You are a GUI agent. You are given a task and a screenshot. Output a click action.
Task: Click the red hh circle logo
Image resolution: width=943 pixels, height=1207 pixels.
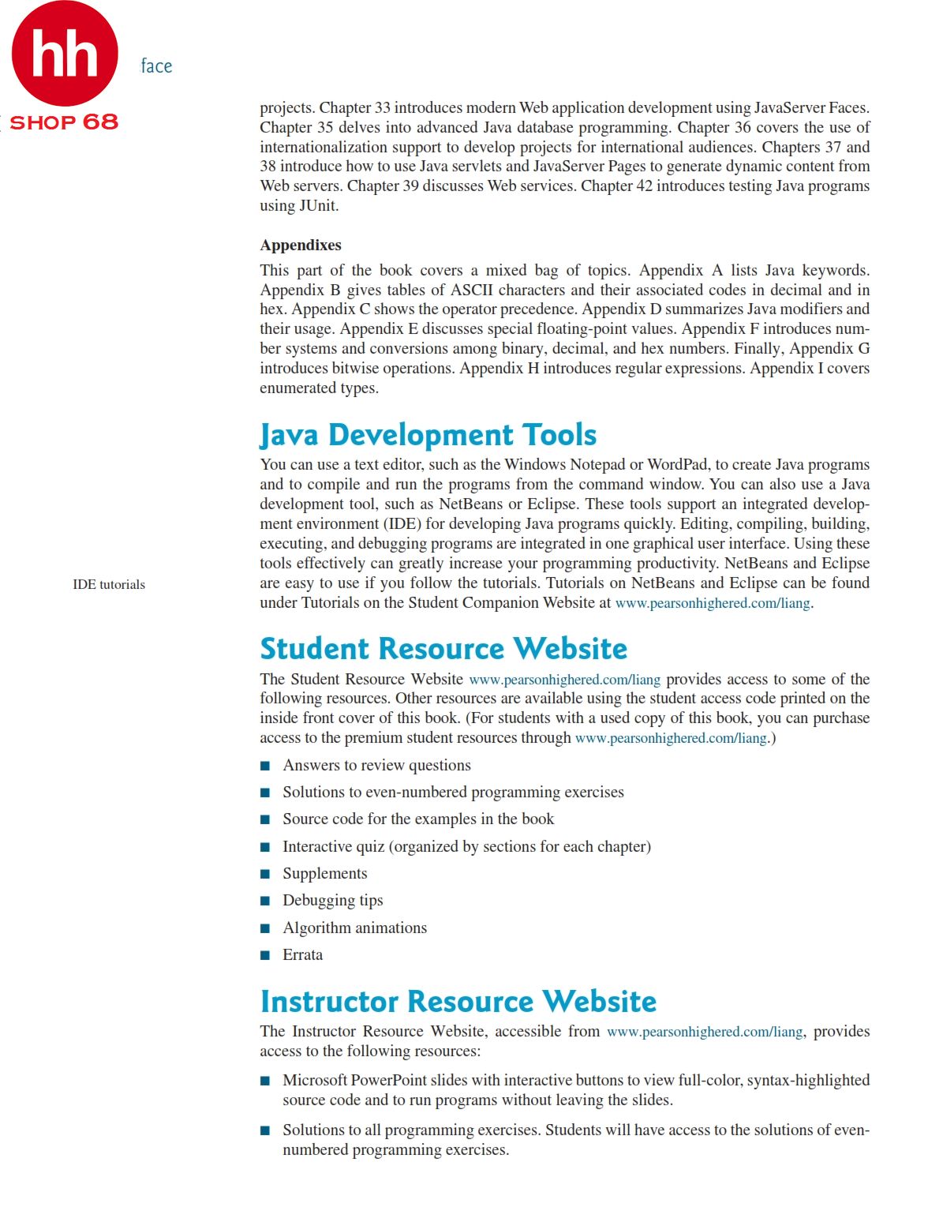(65, 54)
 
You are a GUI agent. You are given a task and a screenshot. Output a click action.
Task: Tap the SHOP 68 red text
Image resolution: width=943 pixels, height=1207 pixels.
(63, 122)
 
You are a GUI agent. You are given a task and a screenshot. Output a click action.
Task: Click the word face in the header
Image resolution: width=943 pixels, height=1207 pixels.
(156, 66)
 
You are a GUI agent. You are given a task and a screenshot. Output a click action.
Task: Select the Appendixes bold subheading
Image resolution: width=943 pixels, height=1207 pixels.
(301, 246)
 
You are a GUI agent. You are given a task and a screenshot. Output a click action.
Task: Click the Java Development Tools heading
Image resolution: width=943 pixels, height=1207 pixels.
(428, 435)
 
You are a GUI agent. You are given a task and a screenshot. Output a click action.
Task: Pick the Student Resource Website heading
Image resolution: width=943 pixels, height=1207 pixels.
(443, 649)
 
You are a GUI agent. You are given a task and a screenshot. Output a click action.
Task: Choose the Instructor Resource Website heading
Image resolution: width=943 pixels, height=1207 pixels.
(458, 1002)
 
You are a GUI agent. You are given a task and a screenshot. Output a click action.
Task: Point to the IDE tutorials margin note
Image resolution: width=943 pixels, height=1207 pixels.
(109, 585)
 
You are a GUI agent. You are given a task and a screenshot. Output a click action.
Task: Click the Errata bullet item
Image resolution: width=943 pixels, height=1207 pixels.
(302, 955)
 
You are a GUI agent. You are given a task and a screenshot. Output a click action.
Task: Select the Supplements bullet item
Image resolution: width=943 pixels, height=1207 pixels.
(324, 874)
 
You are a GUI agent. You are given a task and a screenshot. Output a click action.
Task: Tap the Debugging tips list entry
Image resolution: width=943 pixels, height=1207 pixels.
(332, 901)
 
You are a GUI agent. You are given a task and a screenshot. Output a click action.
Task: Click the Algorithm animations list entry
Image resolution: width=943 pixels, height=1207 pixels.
(354, 928)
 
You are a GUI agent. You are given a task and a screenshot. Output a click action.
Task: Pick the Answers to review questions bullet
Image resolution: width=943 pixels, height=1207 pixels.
(376, 766)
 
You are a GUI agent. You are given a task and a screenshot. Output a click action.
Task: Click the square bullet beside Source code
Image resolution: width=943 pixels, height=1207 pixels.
(265, 820)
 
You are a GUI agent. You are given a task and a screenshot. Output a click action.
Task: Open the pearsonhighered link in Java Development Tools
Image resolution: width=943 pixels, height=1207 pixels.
(712, 604)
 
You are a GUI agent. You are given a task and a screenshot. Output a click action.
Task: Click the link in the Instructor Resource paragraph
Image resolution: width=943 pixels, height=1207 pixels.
(704, 1033)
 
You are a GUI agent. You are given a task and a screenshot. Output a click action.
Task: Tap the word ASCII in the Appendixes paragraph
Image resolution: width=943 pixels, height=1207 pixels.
(471, 291)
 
